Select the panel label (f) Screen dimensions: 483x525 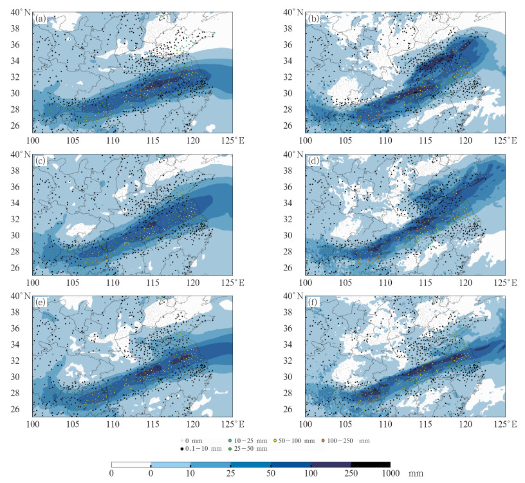314,302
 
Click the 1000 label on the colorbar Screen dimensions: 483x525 390,473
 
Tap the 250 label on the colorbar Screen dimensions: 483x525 351,473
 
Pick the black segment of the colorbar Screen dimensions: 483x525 371,464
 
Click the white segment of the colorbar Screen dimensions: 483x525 131,464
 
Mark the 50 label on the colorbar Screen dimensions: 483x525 271,473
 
